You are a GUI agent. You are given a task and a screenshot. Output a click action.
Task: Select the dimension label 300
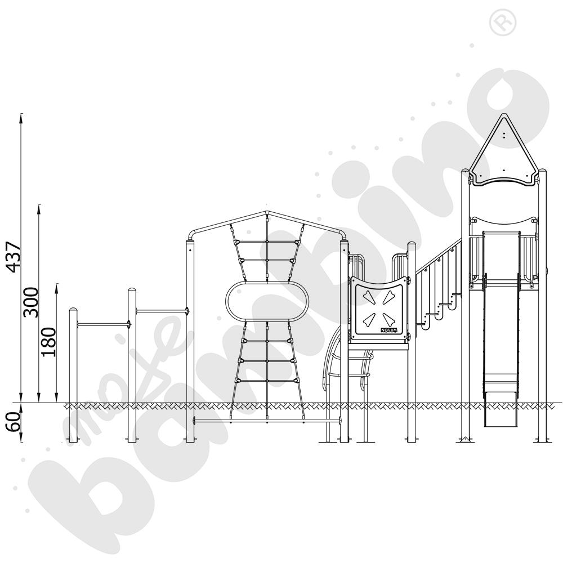coord(31,302)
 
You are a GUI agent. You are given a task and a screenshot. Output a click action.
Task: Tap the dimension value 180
coord(49,342)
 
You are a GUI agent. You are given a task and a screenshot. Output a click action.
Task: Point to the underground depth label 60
coord(14,422)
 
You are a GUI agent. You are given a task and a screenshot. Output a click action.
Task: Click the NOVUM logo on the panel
coord(389,329)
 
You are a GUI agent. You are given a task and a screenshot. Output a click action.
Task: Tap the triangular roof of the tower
coord(504,150)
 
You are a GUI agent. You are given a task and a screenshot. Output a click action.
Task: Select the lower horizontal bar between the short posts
coord(102,325)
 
